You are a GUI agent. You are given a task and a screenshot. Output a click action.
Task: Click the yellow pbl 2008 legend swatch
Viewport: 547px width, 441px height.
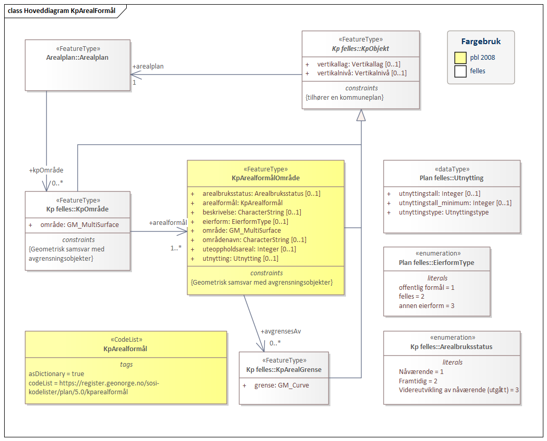pyautogui.click(x=460, y=57)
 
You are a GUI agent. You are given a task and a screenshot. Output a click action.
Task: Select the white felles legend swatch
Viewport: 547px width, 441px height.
pyautogui.click(x=460, y=71)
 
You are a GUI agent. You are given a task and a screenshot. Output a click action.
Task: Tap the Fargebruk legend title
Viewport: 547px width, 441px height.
pyautogui.click(x=481, y=42)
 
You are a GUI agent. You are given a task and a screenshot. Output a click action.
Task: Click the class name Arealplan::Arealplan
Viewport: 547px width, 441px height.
pyautogui.click(x=77, y=57)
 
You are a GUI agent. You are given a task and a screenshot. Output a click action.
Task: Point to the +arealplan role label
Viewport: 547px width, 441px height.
pyautogui.click(x=148, y=66)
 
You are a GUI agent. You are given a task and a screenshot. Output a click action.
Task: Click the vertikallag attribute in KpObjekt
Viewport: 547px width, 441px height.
pyautogui.click(x=358, y=64)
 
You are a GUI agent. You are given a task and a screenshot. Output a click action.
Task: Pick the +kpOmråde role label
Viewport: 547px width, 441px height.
pyautogui.click(x=47, y=170)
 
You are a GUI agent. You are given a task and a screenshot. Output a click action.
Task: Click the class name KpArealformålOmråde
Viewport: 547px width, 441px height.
pyautogui.click(x=265, y=178)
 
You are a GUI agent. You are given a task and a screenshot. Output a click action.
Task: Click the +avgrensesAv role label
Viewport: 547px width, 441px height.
pyautogui.click(x=281, y=331)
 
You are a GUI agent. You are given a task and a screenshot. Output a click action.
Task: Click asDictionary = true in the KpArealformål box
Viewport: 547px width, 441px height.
pyautogui.click(x=56, y=373)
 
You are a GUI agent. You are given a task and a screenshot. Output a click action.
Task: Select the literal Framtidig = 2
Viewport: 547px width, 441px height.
pyautogui.click(x=418, y=381)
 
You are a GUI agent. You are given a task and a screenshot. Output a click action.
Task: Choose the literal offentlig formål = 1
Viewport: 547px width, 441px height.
pyautogui.click(x=426, y=287)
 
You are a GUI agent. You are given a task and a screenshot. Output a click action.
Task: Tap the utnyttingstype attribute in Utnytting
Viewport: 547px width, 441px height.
pyautogui.click(x=444, y=212)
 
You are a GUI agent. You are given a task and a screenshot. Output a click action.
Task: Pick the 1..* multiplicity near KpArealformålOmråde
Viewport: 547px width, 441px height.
pyautogui.click(x=176, y=248)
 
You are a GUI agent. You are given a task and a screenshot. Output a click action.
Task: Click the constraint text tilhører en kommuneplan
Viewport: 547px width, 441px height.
pyautogui.click(x=344, y=97)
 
